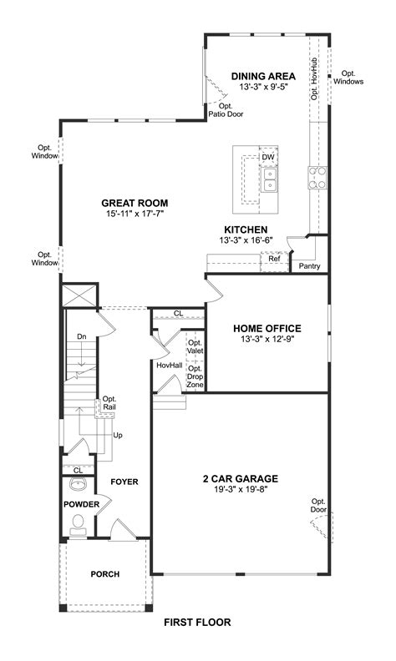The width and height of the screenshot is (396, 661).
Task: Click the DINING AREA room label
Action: pos(263,76)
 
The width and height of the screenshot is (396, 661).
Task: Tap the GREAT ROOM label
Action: pos(135,203)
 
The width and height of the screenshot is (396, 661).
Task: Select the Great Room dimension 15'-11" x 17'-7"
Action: pos(135,214)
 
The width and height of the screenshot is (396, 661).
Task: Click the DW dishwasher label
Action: pos(268,157)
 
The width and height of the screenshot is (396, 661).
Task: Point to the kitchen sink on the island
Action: pos(269,179)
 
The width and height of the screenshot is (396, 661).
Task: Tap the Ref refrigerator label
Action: pos(273,259)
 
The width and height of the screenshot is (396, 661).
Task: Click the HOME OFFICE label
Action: pos(267,328)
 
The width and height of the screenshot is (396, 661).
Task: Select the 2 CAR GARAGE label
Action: pos(240,479)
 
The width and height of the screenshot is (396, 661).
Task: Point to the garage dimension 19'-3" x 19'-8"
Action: pos(240,491)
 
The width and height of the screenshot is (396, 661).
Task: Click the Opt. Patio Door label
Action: pos(226,110)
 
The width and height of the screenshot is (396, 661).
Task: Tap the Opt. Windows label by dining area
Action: pos(348,77)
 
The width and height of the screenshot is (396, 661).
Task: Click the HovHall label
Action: pos(169,366)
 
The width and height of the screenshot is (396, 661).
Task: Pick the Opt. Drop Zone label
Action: pos(195,376)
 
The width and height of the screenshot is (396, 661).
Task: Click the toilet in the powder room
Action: pos(79,524)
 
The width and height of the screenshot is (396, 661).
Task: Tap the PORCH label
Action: pos(105,574)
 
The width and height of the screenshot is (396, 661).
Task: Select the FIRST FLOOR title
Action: pos(197,622)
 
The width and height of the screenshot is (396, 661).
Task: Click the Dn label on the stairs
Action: pos(81,336)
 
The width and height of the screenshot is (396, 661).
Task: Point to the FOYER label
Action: pos(124,482)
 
